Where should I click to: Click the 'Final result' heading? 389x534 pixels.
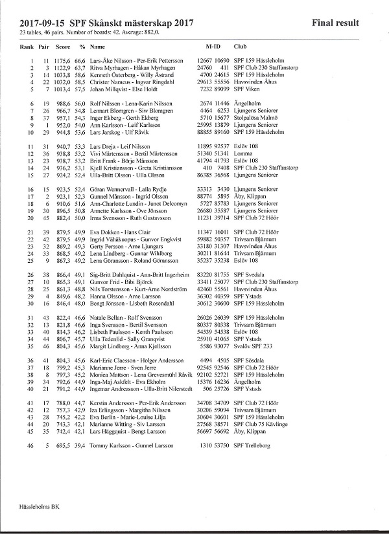(335, 23)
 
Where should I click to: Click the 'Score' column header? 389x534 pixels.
(63, 47)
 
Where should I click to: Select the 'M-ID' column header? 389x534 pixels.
(213, 47)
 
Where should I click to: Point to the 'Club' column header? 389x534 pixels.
(240, 47)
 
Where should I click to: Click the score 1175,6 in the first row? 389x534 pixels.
(63, 60)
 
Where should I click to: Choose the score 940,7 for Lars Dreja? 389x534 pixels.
(63, 148)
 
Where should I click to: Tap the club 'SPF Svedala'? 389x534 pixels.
(250, 274)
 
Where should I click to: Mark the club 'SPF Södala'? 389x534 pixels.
(250, 359)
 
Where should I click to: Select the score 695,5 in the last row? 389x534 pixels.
(63, 447)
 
